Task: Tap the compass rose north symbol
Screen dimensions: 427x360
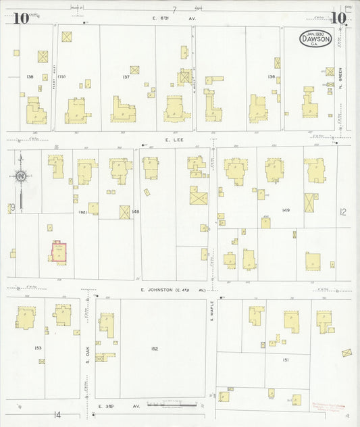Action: coord(21,177)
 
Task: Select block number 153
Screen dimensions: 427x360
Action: coord(37,348)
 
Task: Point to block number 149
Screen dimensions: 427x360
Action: coord(286,211)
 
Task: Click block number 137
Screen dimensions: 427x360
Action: coord(126,77)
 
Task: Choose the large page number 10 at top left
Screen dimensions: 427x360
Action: coord(20,18)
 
